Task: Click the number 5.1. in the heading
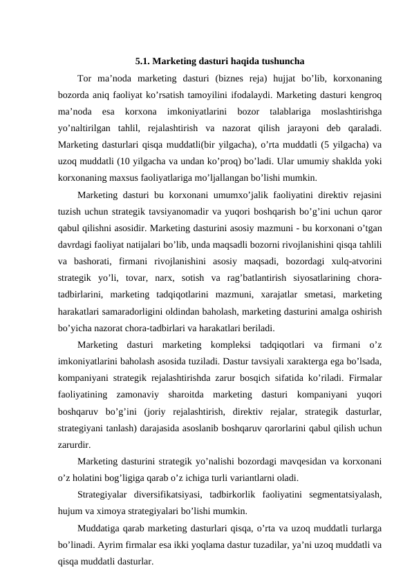point(144,59)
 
